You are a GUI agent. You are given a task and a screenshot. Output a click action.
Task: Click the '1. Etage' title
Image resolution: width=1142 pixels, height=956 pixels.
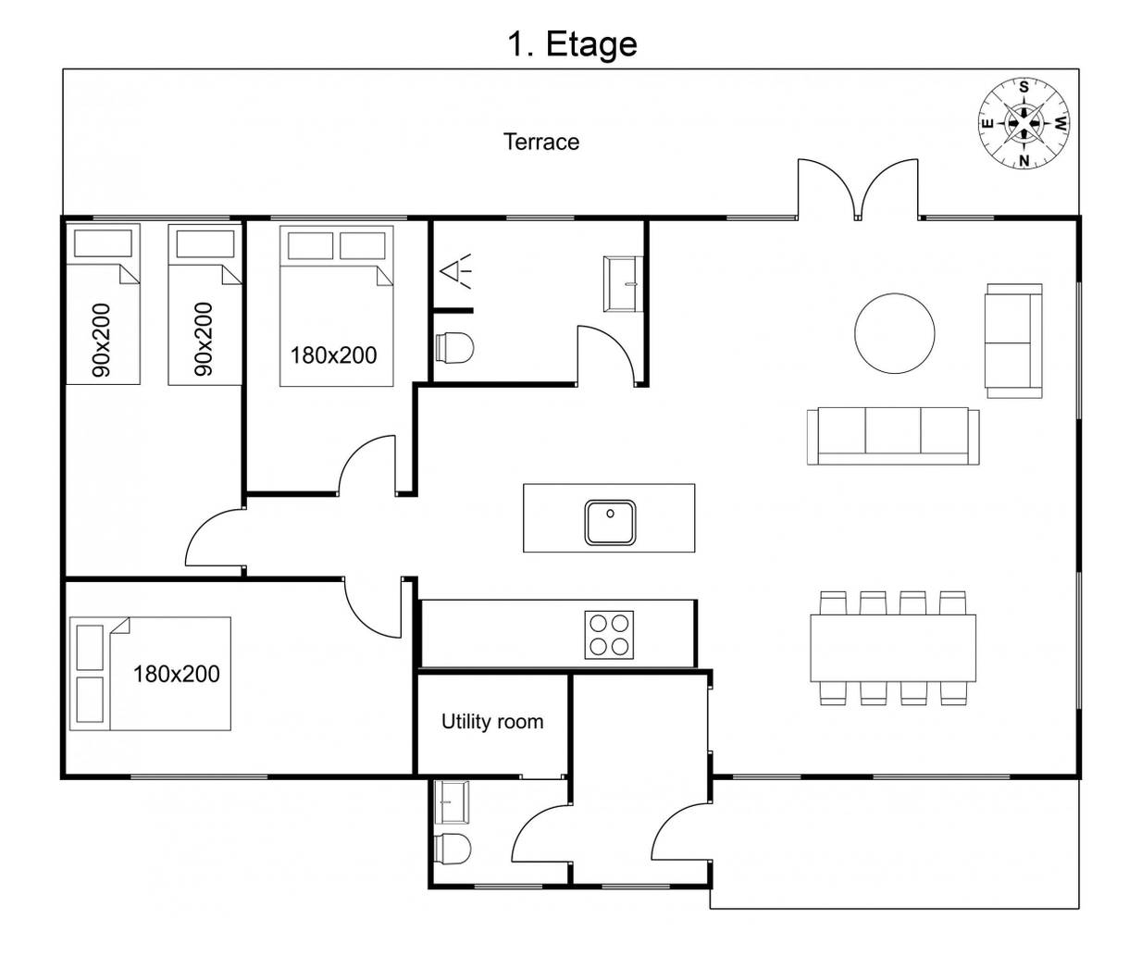click(x=572, y=44)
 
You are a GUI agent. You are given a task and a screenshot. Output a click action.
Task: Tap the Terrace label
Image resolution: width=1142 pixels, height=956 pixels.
click(x=540, y=143)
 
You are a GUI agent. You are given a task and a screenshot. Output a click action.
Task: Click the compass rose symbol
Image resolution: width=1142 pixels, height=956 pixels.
click(x=1024, y=123)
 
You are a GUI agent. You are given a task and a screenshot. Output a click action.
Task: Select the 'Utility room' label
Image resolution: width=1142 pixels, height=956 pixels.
click(x=492, y=722)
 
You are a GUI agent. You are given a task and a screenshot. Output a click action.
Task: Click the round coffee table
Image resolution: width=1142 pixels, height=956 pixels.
click(x=894, y=333)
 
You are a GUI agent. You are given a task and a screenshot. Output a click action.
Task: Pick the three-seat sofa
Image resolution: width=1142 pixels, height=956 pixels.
click(x=893, y=436)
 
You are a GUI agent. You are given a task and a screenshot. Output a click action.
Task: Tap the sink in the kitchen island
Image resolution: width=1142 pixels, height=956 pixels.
click(x=610, y=523)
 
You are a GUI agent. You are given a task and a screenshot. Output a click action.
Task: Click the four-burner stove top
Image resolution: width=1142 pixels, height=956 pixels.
click(x=609, y=635)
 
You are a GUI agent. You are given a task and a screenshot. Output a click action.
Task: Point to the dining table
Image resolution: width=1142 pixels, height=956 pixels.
click(x=893, y=648)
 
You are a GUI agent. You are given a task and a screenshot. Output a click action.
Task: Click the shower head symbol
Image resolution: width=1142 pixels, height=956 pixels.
click(x=455, y=271)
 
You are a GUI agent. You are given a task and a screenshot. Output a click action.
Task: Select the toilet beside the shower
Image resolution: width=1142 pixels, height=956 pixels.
click(x=454, y=347)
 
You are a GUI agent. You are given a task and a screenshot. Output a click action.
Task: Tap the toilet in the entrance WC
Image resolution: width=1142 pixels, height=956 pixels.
click(x=453, y=850)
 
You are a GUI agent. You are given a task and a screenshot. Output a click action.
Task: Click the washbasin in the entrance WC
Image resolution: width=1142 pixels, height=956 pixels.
click(x=452, y=801)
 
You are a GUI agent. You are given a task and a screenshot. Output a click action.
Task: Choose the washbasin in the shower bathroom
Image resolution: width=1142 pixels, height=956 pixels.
click(x=623, y=284)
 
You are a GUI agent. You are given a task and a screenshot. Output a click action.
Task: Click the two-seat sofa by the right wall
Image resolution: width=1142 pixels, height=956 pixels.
click(x=1013, y=341)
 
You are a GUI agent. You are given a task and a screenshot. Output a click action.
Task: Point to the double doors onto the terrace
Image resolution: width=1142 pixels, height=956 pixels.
click(x=858, y=189)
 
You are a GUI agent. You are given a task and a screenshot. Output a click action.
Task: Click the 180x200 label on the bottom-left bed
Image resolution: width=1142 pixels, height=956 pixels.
click(x=177, y=675)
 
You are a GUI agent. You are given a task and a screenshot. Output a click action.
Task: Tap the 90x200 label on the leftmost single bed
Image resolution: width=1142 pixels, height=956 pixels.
click(x=102, y=341)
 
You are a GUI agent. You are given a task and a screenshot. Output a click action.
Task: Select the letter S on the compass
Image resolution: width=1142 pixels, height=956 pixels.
click(x=1024, y=87)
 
